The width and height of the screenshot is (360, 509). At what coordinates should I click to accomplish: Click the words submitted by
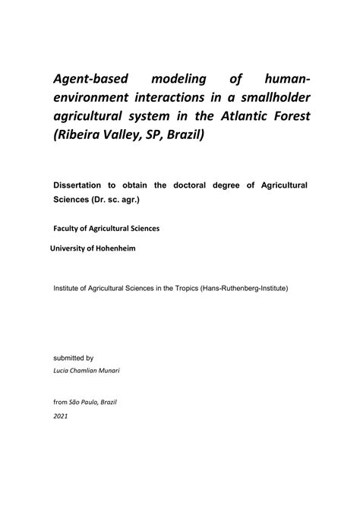pyautogui.click(x=73, y=356)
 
